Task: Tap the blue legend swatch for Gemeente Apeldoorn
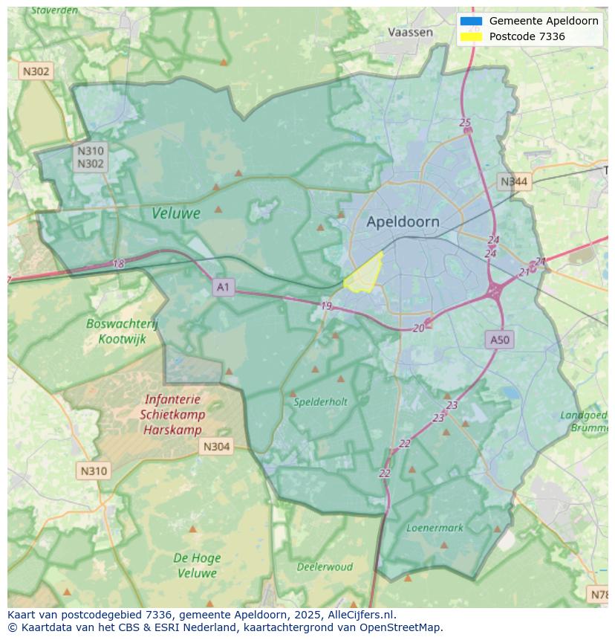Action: (x=471, y=21)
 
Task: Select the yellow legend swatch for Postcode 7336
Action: (x=471, y=36)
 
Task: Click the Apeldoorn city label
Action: (x=403, y=222)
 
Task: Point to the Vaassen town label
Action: (x=410, y=32)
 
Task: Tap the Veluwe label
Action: (x=176, y=213)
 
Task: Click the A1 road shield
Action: (x=223, y=287)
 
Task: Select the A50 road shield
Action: (x=500, y=340)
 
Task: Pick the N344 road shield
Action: (x=514, y=181)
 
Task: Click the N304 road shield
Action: (x=216, y=446)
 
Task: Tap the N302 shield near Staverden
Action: (x=36, y=71)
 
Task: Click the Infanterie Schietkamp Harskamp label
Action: (x=172, y=415)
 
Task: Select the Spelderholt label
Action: (x=320, y=401)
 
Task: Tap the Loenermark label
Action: (x=435, y=528)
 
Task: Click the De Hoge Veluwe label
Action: (x=196, y=565)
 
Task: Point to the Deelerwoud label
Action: (x=325, y=566)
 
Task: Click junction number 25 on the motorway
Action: (x=465, y=123)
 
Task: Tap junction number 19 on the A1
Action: (x=326, y=306)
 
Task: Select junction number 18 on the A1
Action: (x=119, y=263)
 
